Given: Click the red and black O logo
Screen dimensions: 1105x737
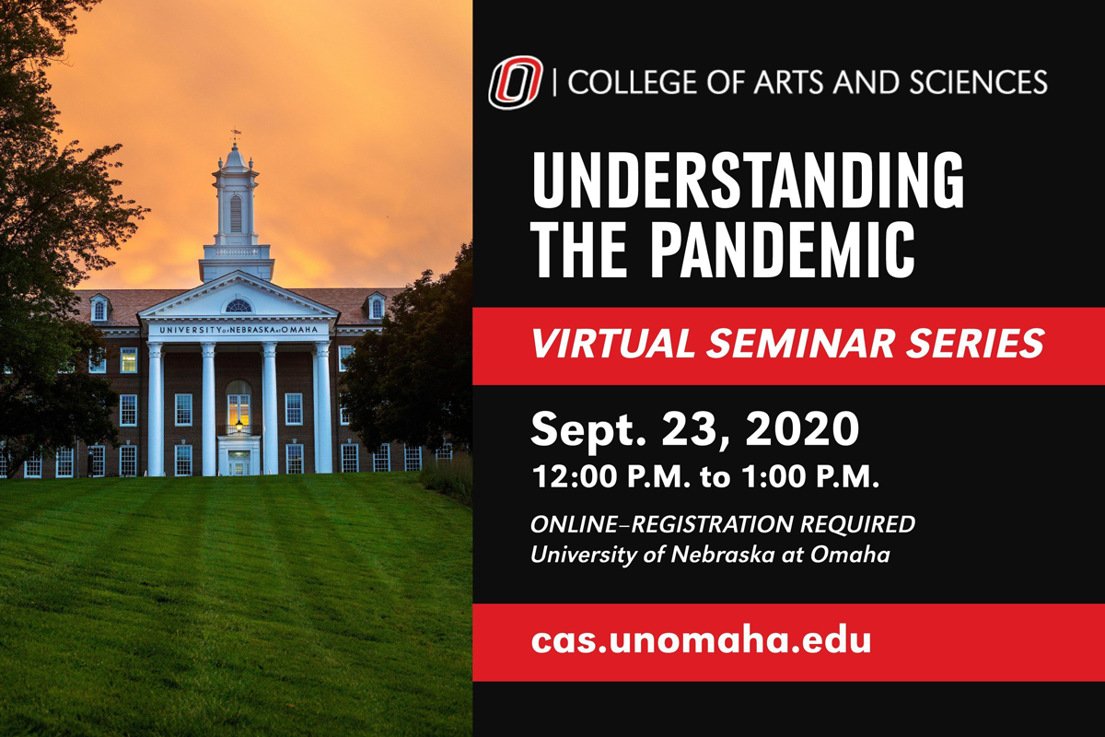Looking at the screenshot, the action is (x=516, y=82).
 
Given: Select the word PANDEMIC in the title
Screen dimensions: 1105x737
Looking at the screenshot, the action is (x=783, y=250).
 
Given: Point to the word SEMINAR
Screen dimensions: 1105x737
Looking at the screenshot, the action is (x=800, y=343).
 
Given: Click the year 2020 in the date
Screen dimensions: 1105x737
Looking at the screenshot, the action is (x=802, y=428).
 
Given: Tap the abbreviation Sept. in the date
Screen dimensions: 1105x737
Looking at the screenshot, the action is (x=588, y=430).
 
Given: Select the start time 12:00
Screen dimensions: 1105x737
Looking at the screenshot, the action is (x=575, y=477).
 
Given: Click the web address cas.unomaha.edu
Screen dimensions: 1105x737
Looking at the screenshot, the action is (x=701, y=640).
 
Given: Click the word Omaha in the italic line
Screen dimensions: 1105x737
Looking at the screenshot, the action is (x=850, y=555).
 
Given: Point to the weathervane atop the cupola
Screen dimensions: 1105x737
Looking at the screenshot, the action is (x=237, y=133).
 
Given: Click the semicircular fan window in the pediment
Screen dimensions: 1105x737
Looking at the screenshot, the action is (x=238, y=306).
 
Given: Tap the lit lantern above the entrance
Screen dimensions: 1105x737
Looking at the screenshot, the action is (x=239, y=425).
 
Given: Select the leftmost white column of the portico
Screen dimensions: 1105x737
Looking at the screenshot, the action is (x=155, y=409).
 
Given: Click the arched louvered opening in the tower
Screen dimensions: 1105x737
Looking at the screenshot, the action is (x=236, y=213).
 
